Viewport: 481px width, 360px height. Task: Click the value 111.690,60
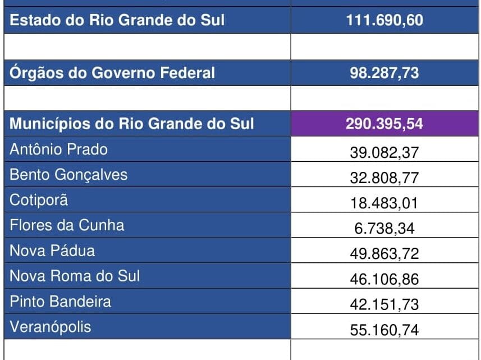pyautogui.click(x=384, y=21)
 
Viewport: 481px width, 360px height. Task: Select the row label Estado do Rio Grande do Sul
pyautogui.click(x=117, y=20)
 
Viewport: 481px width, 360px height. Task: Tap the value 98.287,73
pyautogui.click(x=384, y=73)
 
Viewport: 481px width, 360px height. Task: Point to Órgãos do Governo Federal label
pyautogui.click(x=112, y=72)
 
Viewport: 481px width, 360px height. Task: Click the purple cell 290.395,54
pyautogui.click(x=384, y=124)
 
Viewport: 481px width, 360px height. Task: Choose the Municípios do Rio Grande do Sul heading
pyautogui.click(x=132, y=124)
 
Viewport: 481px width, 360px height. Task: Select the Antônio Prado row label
pyautogui.click(x=58, y=149)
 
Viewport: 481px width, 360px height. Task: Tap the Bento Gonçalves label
pyautogui.click(x=68, y=175)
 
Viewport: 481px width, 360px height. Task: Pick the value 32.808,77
pyautogui.click(x=384, y=178)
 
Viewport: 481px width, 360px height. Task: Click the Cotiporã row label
pyautogui.click(x=39, y=200)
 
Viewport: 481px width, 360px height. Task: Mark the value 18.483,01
pyautogui.click(x=384, y=203)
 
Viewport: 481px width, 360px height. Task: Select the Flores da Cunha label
pyautogui.click(x=67, y=225)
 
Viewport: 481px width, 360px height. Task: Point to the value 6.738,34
pyautogui.click(x=384, y=229)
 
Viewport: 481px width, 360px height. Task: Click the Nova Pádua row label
pyautogui.click(x=52, y=250)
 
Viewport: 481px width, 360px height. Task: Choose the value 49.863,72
pyautogui.click(x=384, y=254)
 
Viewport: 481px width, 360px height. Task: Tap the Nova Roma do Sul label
pyautogui.click(x=75, y=276)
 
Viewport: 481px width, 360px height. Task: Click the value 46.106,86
pyautogui.click(x=384, y=279)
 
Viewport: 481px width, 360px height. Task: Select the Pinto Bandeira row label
pyautogui.click(x=60, y=301)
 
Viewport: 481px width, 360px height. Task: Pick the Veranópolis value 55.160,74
pyautogui.click(x=384, y=330)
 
